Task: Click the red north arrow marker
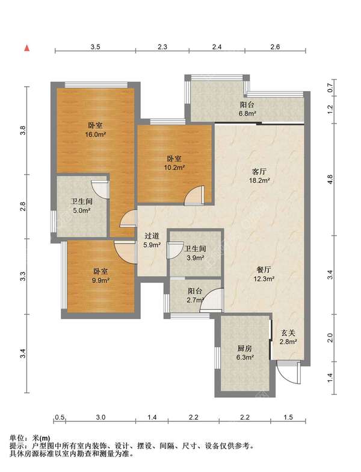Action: click(x=27, y=48)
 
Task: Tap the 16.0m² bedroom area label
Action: click(x=95, y=134)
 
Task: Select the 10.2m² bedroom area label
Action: click(x=174, y=168)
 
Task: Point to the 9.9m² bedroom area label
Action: click(x=100, y=280)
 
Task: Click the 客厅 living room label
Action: click(x=259, y=172)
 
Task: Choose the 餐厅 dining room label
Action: click(x=264, y=269)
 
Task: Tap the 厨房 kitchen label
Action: click(x=244, y=348)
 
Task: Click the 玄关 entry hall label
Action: click(x=288, y=333)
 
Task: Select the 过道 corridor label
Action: click(x=152, y=236)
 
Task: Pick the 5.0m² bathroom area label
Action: click(x=82, y=211)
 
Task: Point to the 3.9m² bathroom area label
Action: click(x=196, y=258)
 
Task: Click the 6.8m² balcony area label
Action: click(x=247, y=114)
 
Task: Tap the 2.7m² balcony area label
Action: click(x=196, y=300)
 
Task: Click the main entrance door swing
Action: click(x=289, y=373)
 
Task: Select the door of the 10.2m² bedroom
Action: click(x=194, y=196)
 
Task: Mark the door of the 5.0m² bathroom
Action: click(x=100, y=190)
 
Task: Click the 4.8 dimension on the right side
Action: click(x=330, y=180)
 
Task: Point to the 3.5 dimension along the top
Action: click(x=95, y=46)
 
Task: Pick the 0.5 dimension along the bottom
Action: click(x=60, y=417)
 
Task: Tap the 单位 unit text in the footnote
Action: click(x=16, y=438)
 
